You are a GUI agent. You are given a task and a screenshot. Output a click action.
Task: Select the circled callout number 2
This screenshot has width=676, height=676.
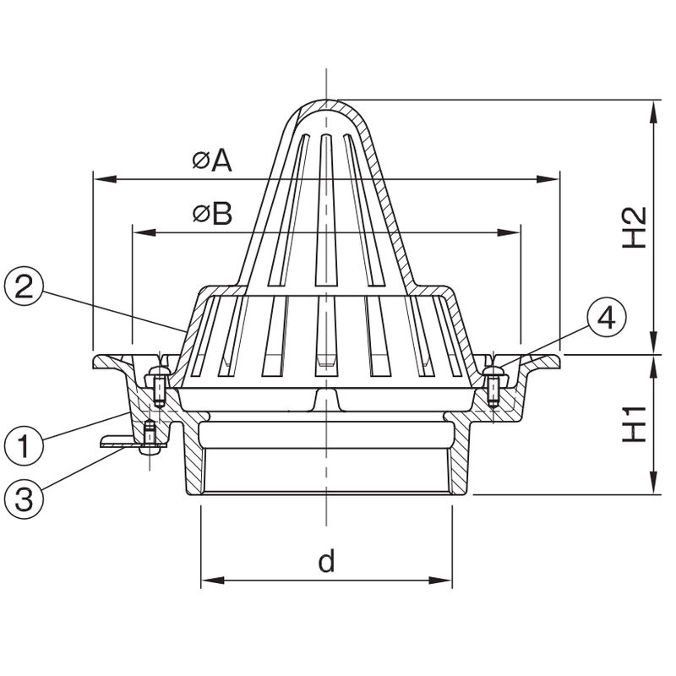coord(24,287)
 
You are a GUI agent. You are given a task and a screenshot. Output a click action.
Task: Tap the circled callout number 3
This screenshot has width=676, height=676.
coord(24,499)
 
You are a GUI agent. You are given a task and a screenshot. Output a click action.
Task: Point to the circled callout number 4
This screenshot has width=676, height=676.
coord(607,319)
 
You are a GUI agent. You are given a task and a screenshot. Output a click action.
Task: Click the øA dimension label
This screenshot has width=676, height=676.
coord(212,161)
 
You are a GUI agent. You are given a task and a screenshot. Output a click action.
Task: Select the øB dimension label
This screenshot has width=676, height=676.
coord(213,214)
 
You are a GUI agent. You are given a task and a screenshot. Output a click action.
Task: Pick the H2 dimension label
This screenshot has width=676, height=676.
coord(635,227)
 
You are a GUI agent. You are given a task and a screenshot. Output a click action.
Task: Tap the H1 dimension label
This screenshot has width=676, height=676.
coord(635,424)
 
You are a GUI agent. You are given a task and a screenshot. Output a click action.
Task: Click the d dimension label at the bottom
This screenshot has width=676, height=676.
coord(326,561)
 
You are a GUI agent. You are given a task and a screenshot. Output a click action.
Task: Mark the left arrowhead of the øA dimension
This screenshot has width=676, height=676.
coord(105,179)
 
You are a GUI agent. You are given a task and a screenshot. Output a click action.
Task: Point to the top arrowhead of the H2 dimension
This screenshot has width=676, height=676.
coord(654,112)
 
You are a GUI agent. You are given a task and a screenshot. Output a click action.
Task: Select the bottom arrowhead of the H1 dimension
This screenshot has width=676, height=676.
coord(654,482)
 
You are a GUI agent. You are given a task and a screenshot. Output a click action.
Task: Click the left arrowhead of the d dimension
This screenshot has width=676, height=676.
coord(213,581)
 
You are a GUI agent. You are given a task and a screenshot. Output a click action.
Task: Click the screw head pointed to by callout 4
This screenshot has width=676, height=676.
coord(493,370)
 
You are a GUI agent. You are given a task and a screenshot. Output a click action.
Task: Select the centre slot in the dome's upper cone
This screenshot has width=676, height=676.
coord(326,210)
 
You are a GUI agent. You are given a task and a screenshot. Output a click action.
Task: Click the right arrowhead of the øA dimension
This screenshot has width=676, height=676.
coord(548,179)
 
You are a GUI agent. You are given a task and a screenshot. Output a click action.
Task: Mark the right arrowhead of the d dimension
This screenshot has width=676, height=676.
coord(440,581)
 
